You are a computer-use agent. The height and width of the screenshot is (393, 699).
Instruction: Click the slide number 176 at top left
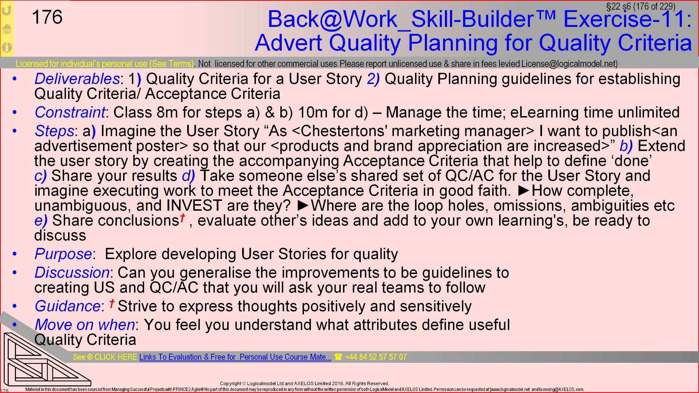(47, 17)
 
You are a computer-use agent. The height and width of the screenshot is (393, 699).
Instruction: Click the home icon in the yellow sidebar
(7, 29)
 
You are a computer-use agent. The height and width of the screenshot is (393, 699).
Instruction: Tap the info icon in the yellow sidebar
(7, 47)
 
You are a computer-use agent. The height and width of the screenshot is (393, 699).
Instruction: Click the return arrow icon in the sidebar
(7, 10)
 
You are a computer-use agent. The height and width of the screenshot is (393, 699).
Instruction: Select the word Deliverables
(77, 79)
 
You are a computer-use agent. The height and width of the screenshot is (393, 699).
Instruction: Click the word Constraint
(70, 112)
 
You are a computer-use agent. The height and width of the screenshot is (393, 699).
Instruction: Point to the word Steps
(55, 131)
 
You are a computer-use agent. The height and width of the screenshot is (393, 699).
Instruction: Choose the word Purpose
(63, 254)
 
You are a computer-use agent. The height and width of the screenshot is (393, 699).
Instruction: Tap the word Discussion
(72, 273)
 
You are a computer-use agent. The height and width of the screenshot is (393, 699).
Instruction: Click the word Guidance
(67, 306)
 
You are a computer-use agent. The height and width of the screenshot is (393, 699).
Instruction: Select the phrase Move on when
(85, 325)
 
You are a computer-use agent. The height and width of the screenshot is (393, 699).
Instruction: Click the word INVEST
(194, 206)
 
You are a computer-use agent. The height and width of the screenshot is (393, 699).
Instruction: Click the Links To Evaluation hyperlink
(235, 357)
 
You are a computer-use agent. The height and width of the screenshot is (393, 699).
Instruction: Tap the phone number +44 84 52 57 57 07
(375, 357)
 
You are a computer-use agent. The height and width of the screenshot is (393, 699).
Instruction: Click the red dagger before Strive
(112, 303)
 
